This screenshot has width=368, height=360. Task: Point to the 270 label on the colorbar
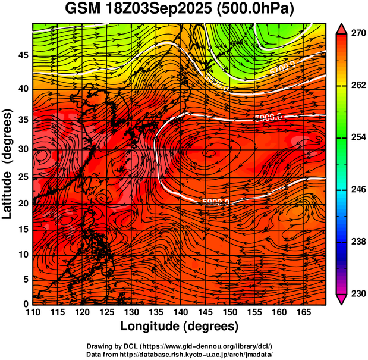point(358,33)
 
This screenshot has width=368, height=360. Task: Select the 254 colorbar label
point(358,137)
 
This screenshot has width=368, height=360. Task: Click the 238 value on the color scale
point(358,242)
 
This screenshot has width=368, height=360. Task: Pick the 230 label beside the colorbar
point(358,293)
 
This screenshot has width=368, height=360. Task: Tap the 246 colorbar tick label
point(358,190)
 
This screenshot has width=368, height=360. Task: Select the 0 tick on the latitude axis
point(26,304)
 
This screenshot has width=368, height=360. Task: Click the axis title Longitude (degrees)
point(180,326)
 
